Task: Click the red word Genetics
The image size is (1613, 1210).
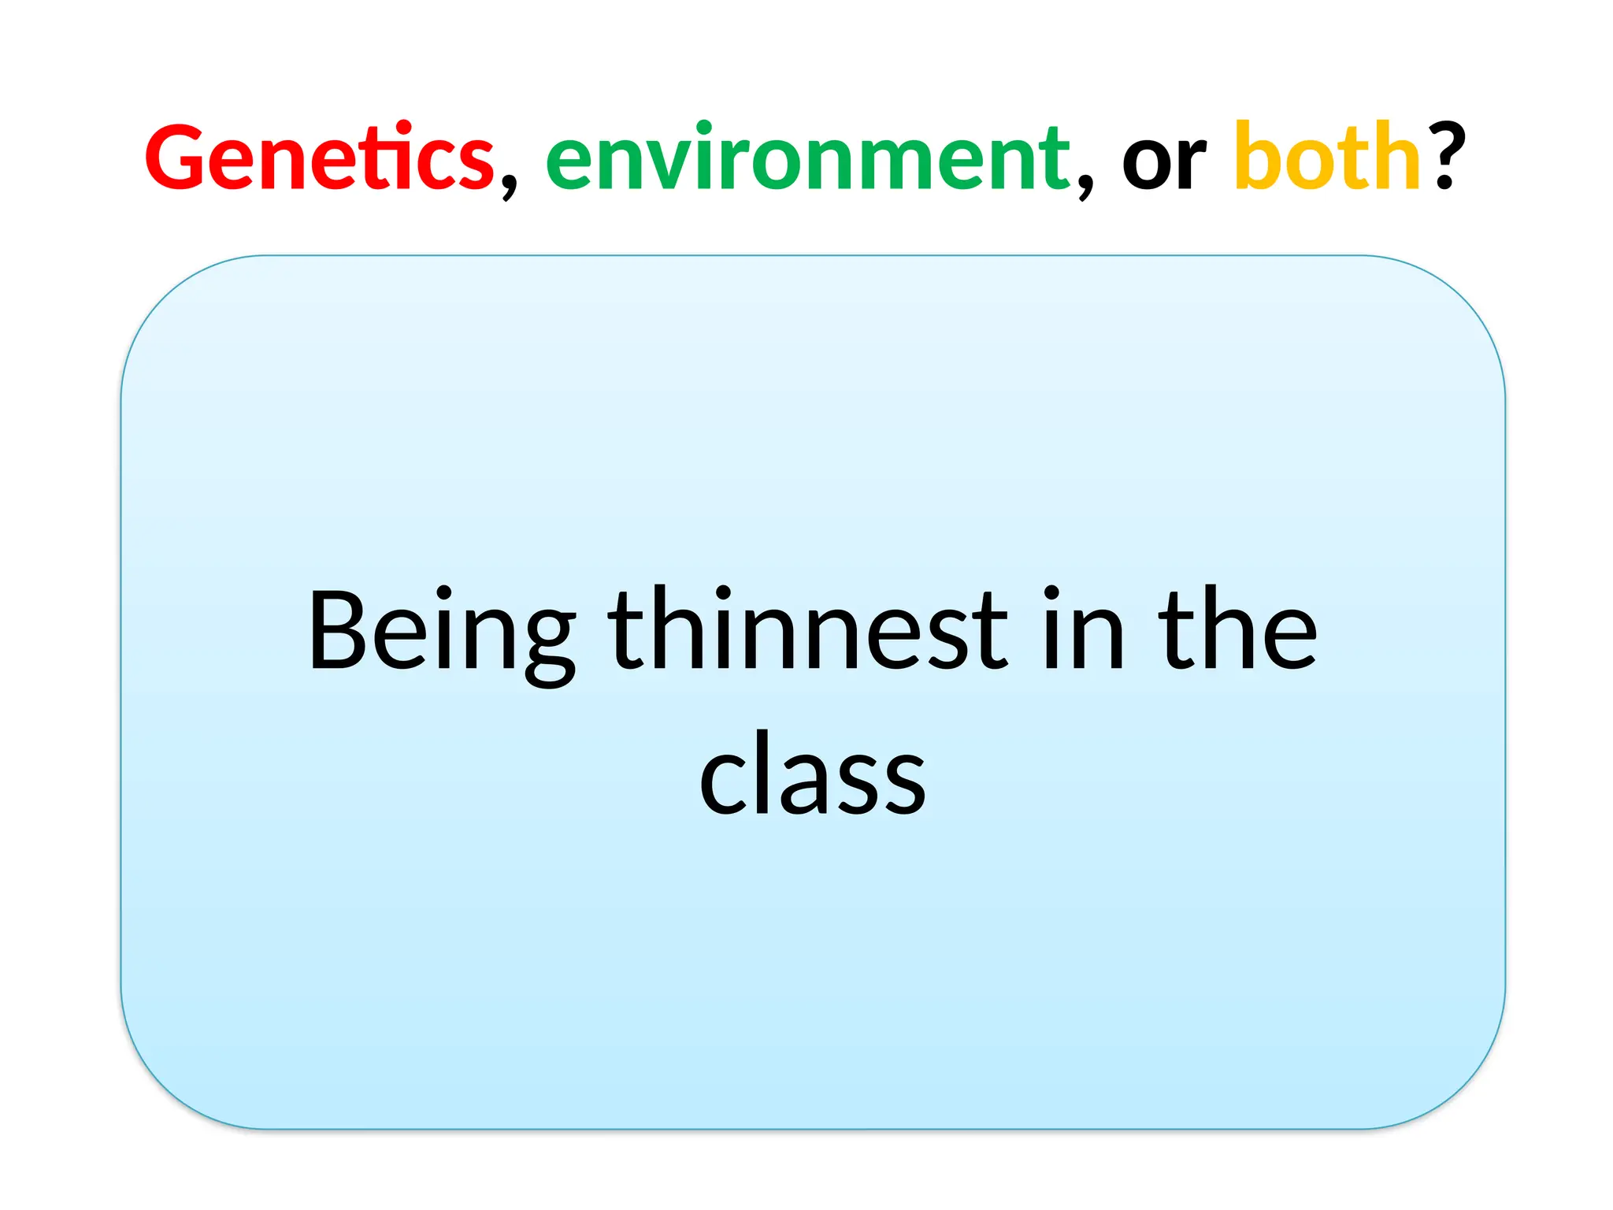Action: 320,158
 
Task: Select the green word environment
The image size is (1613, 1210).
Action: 808,158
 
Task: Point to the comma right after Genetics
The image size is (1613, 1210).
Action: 509,186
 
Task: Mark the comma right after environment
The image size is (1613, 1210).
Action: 1085,186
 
